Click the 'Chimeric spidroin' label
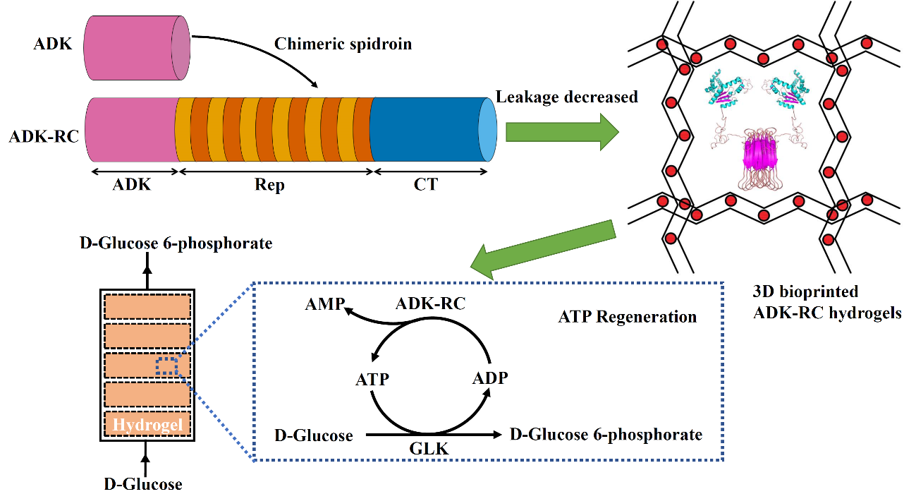coord(343,44)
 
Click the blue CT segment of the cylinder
coord(427,129)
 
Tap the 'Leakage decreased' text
coord(567,97)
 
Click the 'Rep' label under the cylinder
coord(268,185)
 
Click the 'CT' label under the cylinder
coord(427,185)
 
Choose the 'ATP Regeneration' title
coord(627,316)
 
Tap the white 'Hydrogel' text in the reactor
coord(148,424)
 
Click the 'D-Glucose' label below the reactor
coord(144,483)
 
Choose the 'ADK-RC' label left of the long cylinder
coord(43,136)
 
